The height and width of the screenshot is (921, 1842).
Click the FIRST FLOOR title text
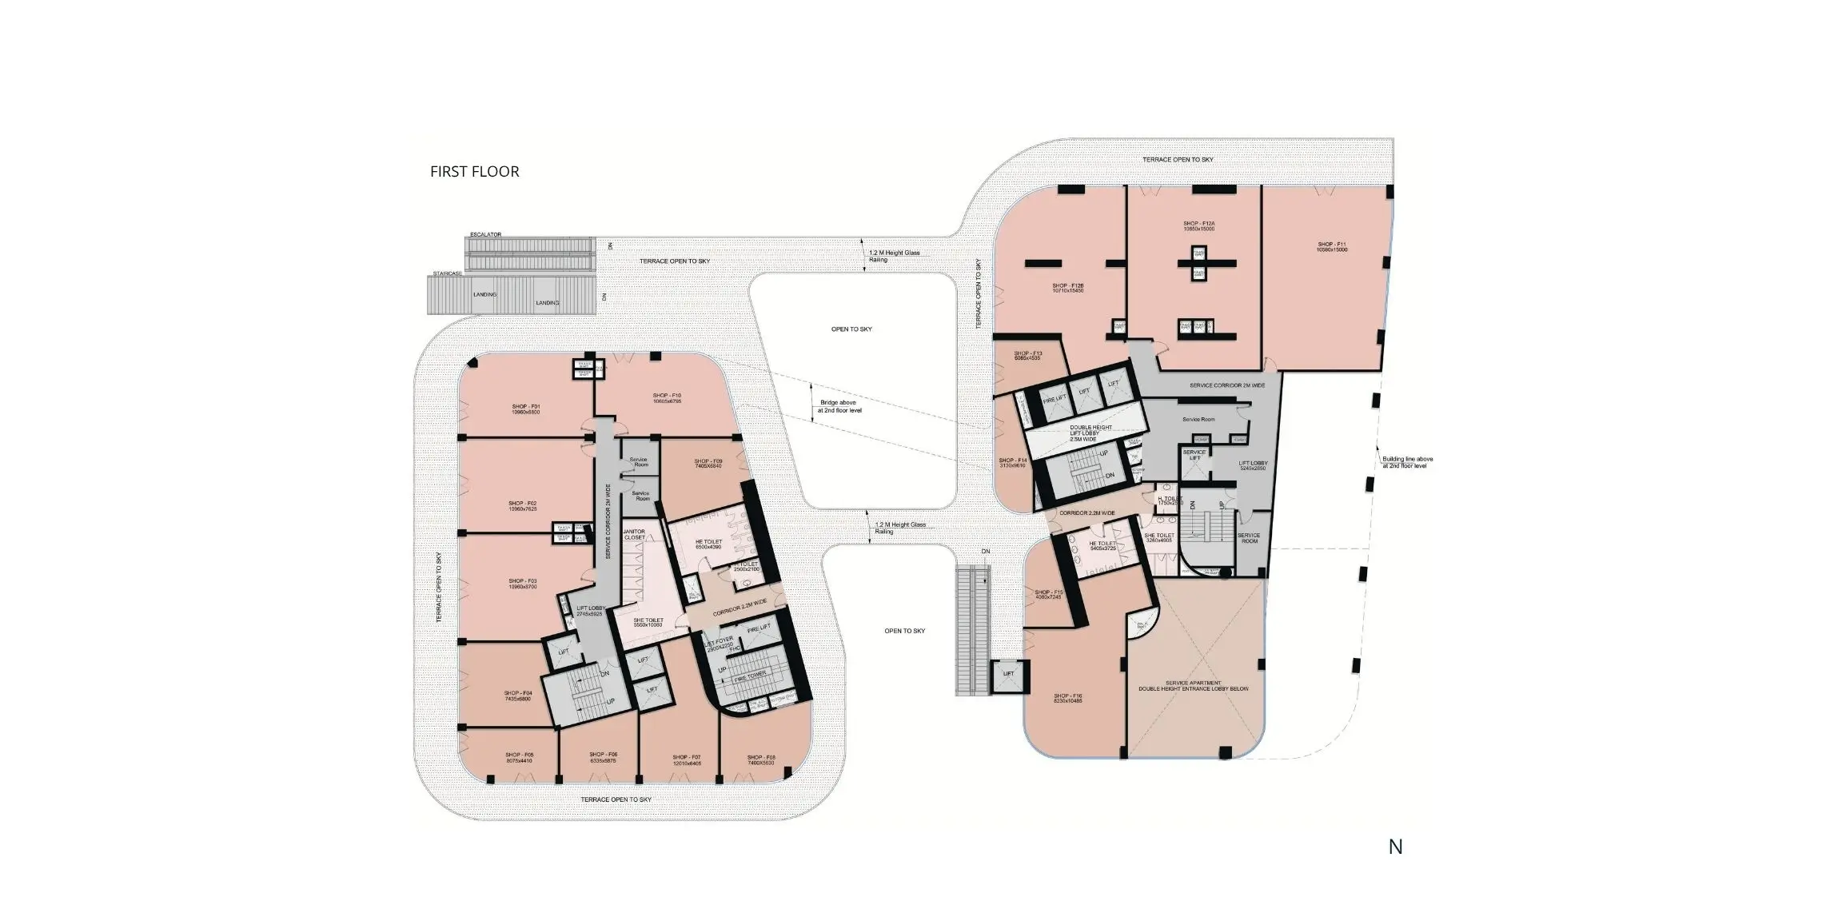pyautogui.click(x=474, y=171)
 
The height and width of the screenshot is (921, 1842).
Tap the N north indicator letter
pyautogui.click(x=1395, y=847)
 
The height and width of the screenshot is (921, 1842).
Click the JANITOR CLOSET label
pyautogui.click(x=634, y=534)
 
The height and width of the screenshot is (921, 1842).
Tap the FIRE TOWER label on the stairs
pyautogui.click(x=750, y=676)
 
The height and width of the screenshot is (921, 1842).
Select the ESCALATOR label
pyautogui.click(x=485, y=234)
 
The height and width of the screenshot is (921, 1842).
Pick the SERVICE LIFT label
pyautogui.click(x=1194, y=455)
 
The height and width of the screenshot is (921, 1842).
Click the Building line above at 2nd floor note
pyautogui.click(x=1407, y=462)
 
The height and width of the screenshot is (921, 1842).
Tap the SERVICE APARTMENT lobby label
pyautogui.click(x=1194, y=685)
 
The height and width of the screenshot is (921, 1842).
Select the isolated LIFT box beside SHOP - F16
pyautogui.click(x=1008, y=674)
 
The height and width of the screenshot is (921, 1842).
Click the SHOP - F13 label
pyautogui.click(x=1027, y=356)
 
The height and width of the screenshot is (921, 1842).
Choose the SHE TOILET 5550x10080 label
pyautogui.click(x=648, y=622)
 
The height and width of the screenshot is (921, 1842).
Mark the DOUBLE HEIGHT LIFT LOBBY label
pyautogui.click(x=1090, y=433)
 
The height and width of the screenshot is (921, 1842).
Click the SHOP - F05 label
pyautogui.click(x=519, y=757)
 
